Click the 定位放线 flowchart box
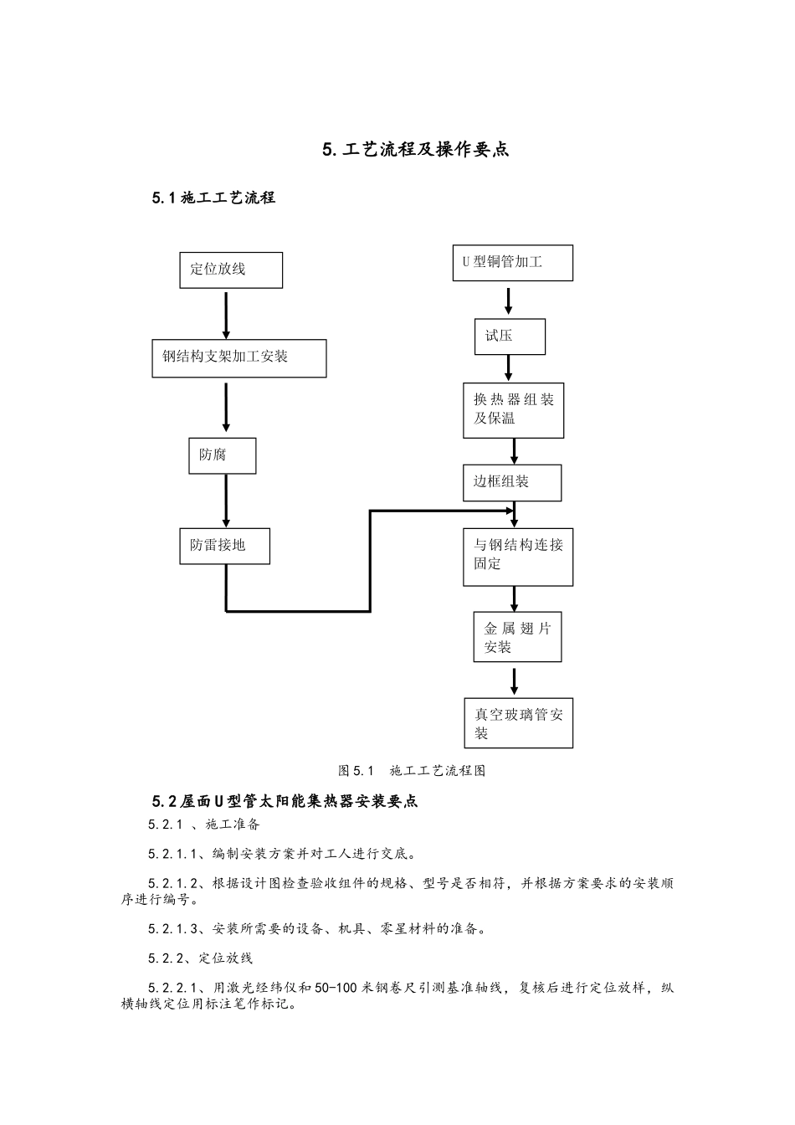pyautogui.click(x=231, y=270)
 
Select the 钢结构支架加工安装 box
pyautogui.click(x=238, y=358)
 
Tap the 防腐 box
pyautogui.click(x=222, y=456)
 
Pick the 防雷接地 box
pyautogui.click(x=224, y=546)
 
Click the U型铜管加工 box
pyautogui.click(x=512, y=263)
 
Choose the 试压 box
pyautogui.click(x=510, y=336)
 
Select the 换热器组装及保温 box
pyautogui.click(x=513, y=410)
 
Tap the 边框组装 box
pyautogui.click(x=512, y=483)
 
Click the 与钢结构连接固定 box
pyautogui.click(x=518, y=557)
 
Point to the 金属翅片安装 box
pyautogui.click(x=517, y=638)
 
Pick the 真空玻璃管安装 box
pyautogui.click(x=519, y=723)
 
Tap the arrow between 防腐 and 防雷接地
pyautogui.click(x=226, y=501)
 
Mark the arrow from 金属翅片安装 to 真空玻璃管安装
pyautogui.click(x=515, y=680)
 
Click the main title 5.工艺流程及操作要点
pyautogui.click(x=416, y=150)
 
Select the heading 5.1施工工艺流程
pyautogui.click(x=213, y=198)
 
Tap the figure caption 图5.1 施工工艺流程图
pyautogui.click(x=412, y=771)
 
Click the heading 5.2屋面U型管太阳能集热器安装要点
pyautogui.click(x=285, y=801)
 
